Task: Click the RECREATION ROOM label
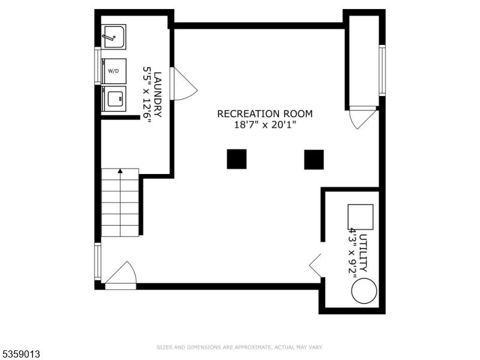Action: [x=265, y=114]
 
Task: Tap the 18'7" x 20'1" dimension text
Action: [x=265, y=125]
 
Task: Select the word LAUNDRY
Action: [x=158, y=94]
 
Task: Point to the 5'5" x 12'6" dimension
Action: [x=147, y=94]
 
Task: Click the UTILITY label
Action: [x=364, y=253]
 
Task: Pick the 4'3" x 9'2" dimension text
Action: [x=353, y=253]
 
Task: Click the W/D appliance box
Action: [x=113, y=71]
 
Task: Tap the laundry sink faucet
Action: [x=109, y=37]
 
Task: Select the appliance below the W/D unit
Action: [x=113, y=98]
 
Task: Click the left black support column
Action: [x=236, y=159]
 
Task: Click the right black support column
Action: [x=314, y=160]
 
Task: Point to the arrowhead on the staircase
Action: [x=121, y=171]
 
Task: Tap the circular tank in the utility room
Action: [x=364, y=291]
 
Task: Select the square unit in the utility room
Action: [x=361, y=217]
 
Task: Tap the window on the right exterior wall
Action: [x=382, y=70]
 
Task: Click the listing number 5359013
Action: [x=20, y=354]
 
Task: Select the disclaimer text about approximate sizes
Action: [x=239, y=347]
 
